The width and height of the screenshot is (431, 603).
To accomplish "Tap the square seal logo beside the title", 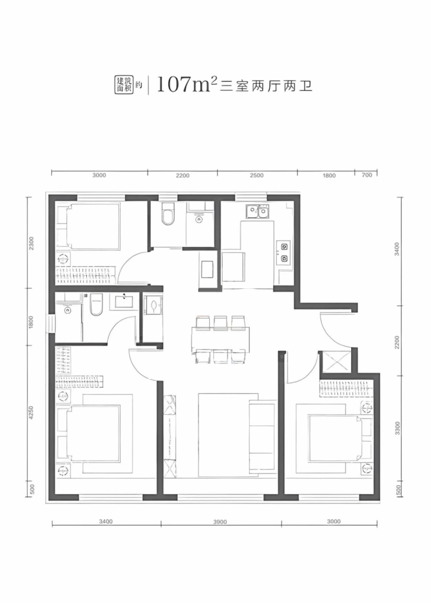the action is coord(125,84).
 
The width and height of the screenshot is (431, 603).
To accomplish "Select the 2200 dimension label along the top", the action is coord(183,175).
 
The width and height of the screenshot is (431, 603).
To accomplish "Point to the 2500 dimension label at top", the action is coord(256,175).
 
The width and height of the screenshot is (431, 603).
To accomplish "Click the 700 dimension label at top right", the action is coord(367,175).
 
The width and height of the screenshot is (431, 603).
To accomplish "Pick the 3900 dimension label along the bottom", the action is coord(220,522).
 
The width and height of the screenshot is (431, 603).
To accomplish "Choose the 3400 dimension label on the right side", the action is coord(397,249).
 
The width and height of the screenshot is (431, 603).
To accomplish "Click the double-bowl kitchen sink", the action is coord(257,211).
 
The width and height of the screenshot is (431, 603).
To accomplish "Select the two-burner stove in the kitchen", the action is coord(284,253).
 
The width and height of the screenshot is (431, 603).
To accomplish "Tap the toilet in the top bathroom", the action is coord(168,214).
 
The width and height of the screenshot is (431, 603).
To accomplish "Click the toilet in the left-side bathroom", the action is coord(95,305).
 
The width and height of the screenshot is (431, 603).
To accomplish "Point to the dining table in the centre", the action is coord(220,339).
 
